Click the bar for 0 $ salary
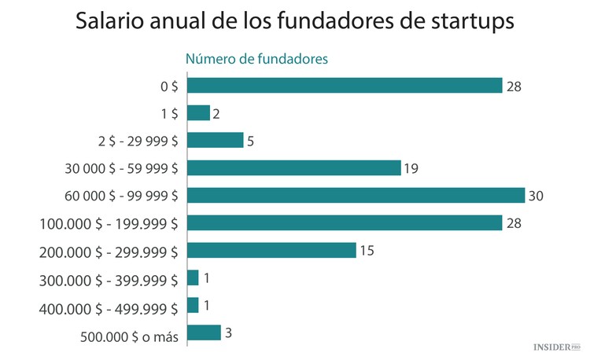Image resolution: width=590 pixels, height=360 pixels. pos(345,86)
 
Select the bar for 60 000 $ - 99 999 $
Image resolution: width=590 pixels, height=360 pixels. pos(356,196)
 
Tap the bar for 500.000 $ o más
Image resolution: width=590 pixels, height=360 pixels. pos(205,332)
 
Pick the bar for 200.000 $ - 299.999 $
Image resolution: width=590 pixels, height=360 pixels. pos(272,251)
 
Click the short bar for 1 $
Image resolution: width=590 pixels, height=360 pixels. pos(199,113)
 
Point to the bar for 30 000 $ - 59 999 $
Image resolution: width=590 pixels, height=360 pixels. pos(294,168)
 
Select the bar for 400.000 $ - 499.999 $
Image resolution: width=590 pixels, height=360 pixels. pos(194,305)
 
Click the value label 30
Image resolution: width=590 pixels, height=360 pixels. pos(537,196)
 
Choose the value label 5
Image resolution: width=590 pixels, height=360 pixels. pos(250,141)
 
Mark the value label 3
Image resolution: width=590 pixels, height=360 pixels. pos(228,332)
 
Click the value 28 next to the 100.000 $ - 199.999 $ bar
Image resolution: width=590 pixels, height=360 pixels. pos(514,223)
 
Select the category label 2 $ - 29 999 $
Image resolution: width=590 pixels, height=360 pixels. pos(133,141)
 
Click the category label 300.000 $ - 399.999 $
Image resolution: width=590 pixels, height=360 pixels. pos(108,279)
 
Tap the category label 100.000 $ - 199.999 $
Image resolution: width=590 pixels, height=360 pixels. pos(108,224)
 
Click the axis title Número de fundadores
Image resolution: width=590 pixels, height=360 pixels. pos(256,58)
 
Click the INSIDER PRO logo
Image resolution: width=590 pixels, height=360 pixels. pos(556,346)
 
